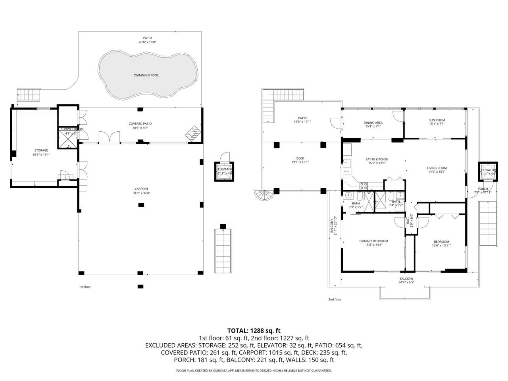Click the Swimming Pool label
(146, 75)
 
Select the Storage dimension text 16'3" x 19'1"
(41, 155)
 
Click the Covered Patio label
(140, 123)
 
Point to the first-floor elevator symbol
(225, 171)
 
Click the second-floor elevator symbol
(488, 172)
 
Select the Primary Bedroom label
(373, 241)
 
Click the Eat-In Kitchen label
(377, 160)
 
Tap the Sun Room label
(437, 120)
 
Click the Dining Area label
(373, 123)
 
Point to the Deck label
(300, 158)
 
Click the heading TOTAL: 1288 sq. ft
(254, 330)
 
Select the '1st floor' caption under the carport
(85, 287)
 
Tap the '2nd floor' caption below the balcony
(335, 300)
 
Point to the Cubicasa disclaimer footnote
(254, 371)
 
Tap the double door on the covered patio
(109, 137)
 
